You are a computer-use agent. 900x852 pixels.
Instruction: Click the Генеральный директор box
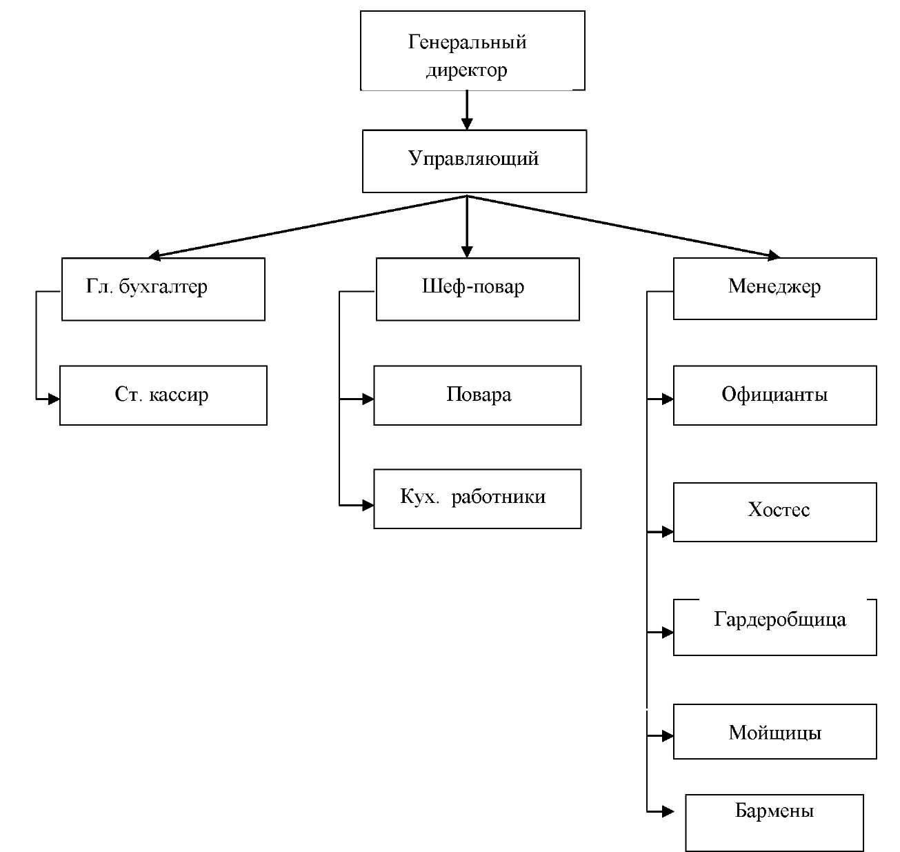coord(472,50)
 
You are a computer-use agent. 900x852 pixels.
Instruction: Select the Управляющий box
coord(474,161)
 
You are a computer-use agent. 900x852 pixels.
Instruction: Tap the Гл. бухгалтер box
coord(163,289)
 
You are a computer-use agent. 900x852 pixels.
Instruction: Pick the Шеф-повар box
coord(477,289)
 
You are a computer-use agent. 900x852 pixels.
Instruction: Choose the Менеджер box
coord(774,288)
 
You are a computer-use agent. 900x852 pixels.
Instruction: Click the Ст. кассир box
coord(163,395)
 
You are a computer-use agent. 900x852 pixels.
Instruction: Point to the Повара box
coord(477,395)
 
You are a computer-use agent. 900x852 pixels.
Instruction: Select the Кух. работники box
coord(477,499)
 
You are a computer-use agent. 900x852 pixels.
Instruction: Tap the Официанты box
coord(774,395)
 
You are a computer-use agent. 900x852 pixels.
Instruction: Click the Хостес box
coord(774,512)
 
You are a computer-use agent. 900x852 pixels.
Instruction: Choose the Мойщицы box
coord(774,731)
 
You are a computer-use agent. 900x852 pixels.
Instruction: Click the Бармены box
coord(774,822)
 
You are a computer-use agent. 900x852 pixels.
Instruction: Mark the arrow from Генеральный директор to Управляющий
coord(467,110)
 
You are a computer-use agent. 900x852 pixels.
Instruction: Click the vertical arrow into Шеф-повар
coord(467,228)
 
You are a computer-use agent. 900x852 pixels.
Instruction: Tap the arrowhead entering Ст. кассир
coord(53,399)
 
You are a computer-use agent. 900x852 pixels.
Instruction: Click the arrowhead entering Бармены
coord(667,811)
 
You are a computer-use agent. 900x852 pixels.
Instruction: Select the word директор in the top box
coord(467,70)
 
